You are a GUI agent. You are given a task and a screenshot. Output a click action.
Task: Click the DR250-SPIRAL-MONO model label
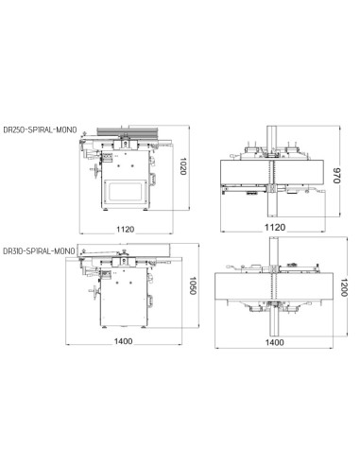click(40, 129)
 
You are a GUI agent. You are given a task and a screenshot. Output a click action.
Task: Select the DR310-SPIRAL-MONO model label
click(39, 251)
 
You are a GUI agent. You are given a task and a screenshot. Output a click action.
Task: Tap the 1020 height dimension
click(183, 166)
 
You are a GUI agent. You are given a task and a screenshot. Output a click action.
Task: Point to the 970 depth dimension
click(336, 176)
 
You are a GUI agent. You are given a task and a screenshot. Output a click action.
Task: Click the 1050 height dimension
click(193, 285)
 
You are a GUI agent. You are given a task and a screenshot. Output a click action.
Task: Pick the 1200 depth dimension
click(344, 287)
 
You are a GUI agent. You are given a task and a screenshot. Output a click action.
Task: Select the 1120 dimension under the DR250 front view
click(126, 230)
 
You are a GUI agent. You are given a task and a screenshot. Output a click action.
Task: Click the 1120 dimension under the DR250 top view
click(275, 227)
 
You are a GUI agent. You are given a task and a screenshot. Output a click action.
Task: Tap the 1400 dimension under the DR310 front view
click(123, 341)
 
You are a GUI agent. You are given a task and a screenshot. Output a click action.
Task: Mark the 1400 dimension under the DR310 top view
click(275, 342)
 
